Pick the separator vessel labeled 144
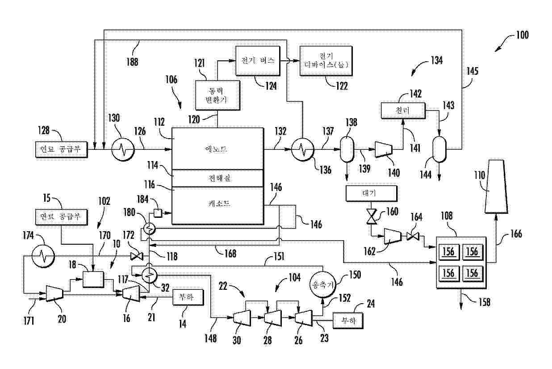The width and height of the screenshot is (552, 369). (439, 148)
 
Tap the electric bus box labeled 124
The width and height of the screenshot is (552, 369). (258, 59)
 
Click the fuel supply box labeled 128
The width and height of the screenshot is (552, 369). (61, 149)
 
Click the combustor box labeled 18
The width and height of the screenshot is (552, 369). (93, 279)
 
